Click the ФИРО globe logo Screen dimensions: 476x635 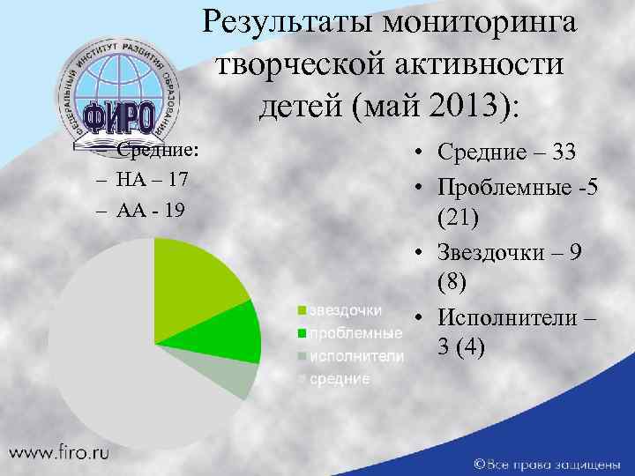pyautogui.click(x=119, y=88)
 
